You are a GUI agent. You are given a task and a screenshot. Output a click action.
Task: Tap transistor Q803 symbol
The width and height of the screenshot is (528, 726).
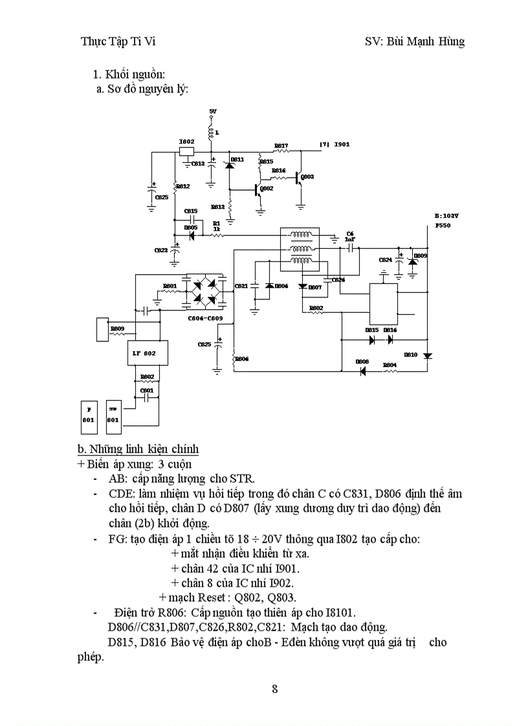(x=298, y=177)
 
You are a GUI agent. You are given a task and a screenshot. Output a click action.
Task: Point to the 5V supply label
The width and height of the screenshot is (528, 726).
(x=212, y=112)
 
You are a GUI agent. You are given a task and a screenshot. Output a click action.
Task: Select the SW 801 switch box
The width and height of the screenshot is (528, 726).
(x=113, y=415)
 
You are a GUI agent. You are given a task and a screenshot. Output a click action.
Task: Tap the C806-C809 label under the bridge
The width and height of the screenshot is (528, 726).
(x=204, y=317)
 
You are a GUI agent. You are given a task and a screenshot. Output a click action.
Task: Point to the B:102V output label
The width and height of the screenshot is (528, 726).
(x=446, y=216)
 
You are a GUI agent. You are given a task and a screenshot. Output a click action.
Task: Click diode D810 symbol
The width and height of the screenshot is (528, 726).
(x=426, y=356)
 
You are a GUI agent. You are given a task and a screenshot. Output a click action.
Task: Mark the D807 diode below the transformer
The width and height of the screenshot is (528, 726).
(x=303, y=286)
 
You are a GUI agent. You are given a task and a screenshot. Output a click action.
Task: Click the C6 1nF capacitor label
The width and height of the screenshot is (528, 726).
(x=349, y=236)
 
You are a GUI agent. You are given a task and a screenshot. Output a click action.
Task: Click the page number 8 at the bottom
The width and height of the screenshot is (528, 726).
(x=274, y=689)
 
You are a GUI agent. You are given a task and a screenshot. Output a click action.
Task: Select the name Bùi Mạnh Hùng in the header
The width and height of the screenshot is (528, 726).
(x=424, y=42)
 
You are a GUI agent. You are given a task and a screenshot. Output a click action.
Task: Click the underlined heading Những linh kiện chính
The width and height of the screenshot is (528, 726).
(x=138, y=449)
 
